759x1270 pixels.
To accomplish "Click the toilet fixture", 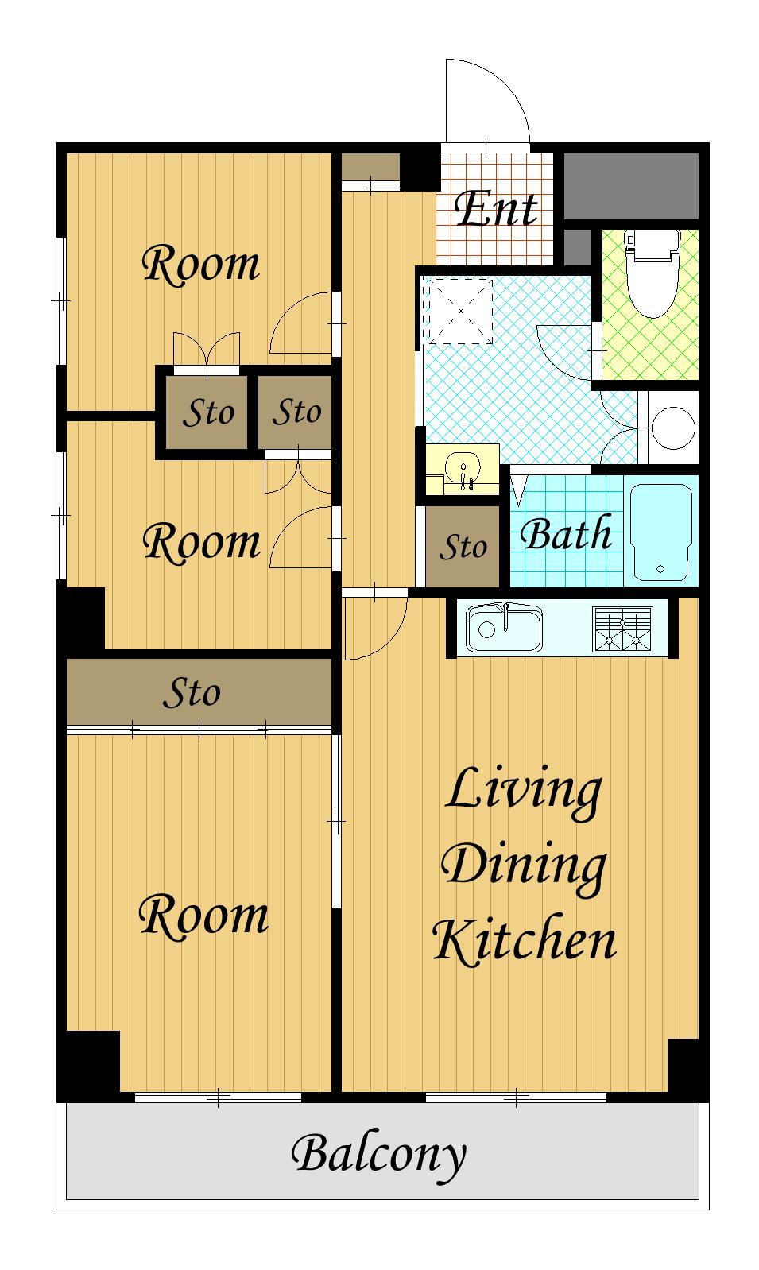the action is click(652, 272).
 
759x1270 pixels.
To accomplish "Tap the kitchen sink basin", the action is click(503, 628).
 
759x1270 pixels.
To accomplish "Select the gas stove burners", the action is click(622, 629).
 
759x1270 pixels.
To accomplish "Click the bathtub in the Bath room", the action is click(661, 532).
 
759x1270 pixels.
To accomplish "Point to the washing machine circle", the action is click(673, 428).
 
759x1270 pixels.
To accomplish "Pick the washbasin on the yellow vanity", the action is click(463, 469).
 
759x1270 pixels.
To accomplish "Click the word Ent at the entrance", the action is click(496, 209).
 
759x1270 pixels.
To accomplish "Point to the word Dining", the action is click(525, 867).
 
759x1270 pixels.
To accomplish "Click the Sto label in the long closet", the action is click(192, 693).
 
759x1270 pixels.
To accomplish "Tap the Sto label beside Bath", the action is click(463, 547).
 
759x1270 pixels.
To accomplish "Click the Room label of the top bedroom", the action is click(200, 264).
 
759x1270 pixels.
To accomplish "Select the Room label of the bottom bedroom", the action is click(203, 916).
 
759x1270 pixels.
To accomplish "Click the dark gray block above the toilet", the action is click(631, 186).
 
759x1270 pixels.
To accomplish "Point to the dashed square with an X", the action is click(460, 312).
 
